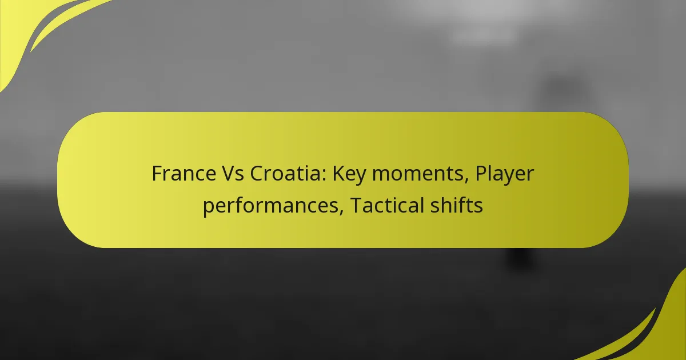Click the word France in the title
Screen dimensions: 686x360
pyautogui.click(x=184, y=174)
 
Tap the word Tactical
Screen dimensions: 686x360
pyautogui.click(x=387, y=205)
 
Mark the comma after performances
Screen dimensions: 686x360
pyautogui.click(x=341, y=213)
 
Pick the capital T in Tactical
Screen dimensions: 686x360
pyautogui.click(x=356, y=205)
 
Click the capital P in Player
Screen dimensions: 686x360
pyautogui.click(x=481, y=174)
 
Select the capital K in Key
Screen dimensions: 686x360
pyautogui.click(x=338, y=174)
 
